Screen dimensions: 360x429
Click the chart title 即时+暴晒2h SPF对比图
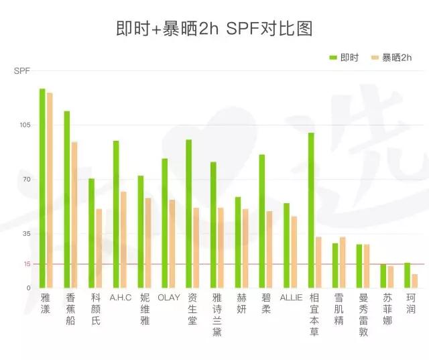pyautogui.click(x=214, y=29)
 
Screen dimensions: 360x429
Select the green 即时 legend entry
pyautogui.click(x=343, y=58)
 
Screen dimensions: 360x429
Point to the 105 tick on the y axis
pyautogui.click(x=24, y=125)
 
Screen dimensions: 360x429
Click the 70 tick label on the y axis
pyautogui.click(x=25, y=180)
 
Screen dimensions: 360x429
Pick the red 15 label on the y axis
pyautogui.click(x=25, y=264)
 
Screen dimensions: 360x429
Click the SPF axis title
pyautogui.click(x=22, y=70)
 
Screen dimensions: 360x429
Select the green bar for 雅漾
pyautogui.click(x=42, y=188)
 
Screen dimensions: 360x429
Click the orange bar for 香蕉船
pyautogui.click(x=74, y=215)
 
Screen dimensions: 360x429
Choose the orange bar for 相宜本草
pyautogui.click(x=318, y=262)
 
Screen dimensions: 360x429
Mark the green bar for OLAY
pyautogui.click(x=164, y=223)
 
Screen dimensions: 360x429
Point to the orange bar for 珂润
pyautogui.click(x=415, y=281)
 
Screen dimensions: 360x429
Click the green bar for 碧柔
pyautogui.click(x=262, y=221)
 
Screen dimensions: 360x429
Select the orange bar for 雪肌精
pyautogui.click(x=343, y=262)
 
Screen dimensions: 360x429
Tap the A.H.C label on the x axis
pyautogui.click(x=120, y=297)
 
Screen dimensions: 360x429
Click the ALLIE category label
pyautogui.click(x=291, y=297)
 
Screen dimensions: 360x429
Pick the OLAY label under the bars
pyautogui.click(x=168, y=297)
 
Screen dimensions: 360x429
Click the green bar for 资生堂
pyautogui.click(x=189, y=213)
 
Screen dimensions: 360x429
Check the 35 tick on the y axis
pyautogui.click(x=25, y=234)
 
